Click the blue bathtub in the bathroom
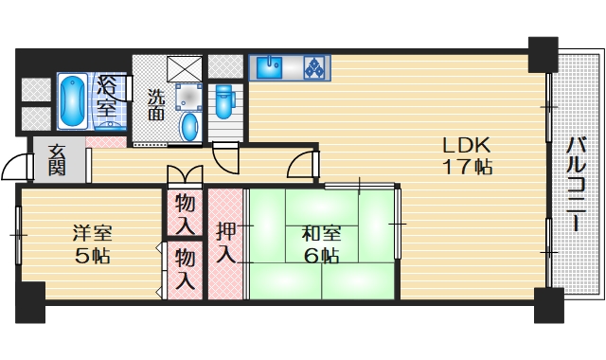[71, 101]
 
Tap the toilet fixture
[224, 99]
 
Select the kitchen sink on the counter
[269, 67]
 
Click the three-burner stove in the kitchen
[314, 67]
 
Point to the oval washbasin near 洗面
[189, 128]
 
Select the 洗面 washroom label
[156, 103]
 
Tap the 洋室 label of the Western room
[92, 232]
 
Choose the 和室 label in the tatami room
[321, 232]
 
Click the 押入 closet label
[225, 243]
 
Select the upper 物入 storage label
[186, 214]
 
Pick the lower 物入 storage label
[186, 268]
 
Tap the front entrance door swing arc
[16, 167]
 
